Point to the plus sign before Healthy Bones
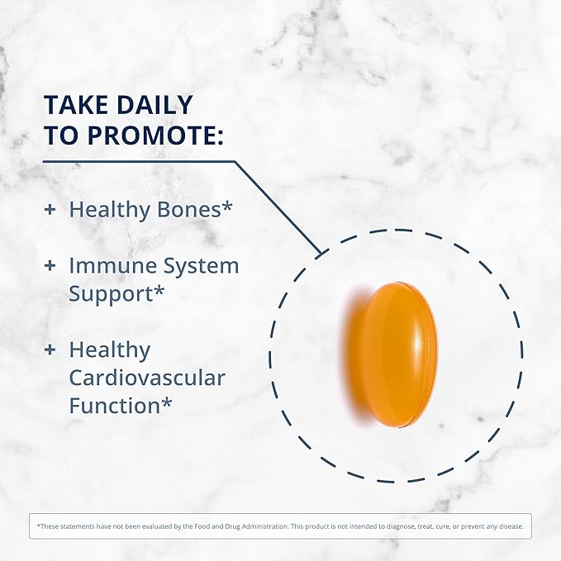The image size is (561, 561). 50,210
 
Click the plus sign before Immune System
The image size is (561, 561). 50,266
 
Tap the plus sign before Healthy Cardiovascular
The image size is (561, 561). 50,350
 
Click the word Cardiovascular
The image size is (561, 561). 147,378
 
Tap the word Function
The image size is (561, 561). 113,406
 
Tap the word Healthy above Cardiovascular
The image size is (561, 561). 109,350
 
